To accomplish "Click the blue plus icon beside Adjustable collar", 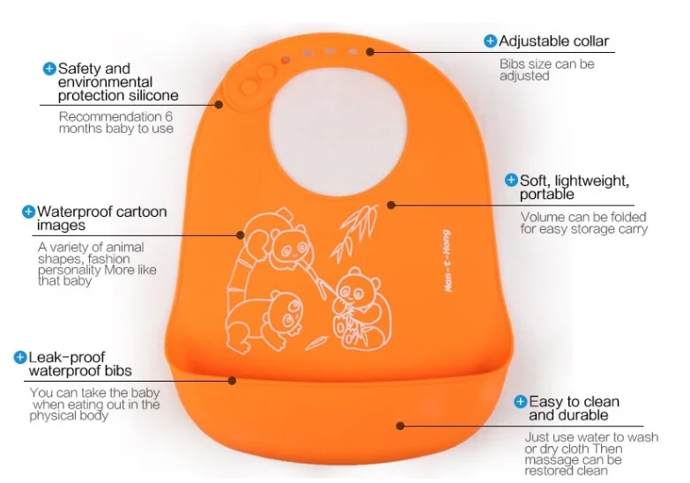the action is tap(490, 41).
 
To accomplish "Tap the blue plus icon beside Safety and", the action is tap(49, 68).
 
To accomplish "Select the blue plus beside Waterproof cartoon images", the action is tap(29, 212).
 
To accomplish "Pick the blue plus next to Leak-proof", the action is tap(20, 357).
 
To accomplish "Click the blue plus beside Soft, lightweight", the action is tap(511, 180).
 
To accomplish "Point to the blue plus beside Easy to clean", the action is tap(521, 402).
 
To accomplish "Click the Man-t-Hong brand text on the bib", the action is tap(449, 261).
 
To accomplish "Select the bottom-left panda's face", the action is tap(285, 309).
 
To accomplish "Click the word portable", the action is tap(546, 194).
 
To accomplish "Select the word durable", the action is tap(582, 415).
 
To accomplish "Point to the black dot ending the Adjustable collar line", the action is tap(371, 52).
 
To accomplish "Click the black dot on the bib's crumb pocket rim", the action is tap(233, 381).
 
